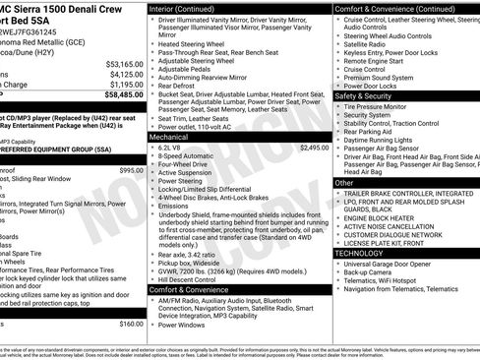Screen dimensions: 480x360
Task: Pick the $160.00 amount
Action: tap(131, 324)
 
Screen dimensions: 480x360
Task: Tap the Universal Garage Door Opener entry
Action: tap(394, 265)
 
